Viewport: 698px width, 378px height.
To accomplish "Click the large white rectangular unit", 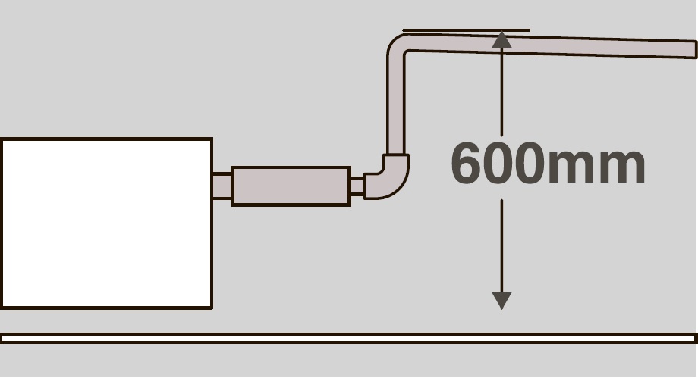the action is (x=106, y=223).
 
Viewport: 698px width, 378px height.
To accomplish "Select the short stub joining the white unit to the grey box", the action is (x=222, y=186).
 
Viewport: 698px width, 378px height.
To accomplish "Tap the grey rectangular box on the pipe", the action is (x=291, y=186).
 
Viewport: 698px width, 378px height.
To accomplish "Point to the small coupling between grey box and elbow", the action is (x=357, y=186).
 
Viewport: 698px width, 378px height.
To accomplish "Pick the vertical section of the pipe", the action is (x=396, y=107).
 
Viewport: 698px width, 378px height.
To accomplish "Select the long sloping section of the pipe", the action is (x=552, y=45).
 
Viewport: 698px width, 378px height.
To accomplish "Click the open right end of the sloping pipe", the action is (x=695, y=49).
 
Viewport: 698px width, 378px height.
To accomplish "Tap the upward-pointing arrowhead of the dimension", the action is (x=501, y=39).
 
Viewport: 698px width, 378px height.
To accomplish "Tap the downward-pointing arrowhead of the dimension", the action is (x=501, y=300).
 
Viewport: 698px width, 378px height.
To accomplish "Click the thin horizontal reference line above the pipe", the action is (x=466, y=30).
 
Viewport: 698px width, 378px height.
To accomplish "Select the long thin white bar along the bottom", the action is (x=349, y=338).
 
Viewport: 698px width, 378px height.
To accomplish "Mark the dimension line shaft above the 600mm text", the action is (x=501, y=92).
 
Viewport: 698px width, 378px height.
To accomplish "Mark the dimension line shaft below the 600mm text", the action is (x=501, y=246).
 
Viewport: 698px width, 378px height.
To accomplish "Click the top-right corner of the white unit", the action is (x=212, y=139).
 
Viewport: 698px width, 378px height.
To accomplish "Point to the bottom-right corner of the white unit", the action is (x=212, y=308).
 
